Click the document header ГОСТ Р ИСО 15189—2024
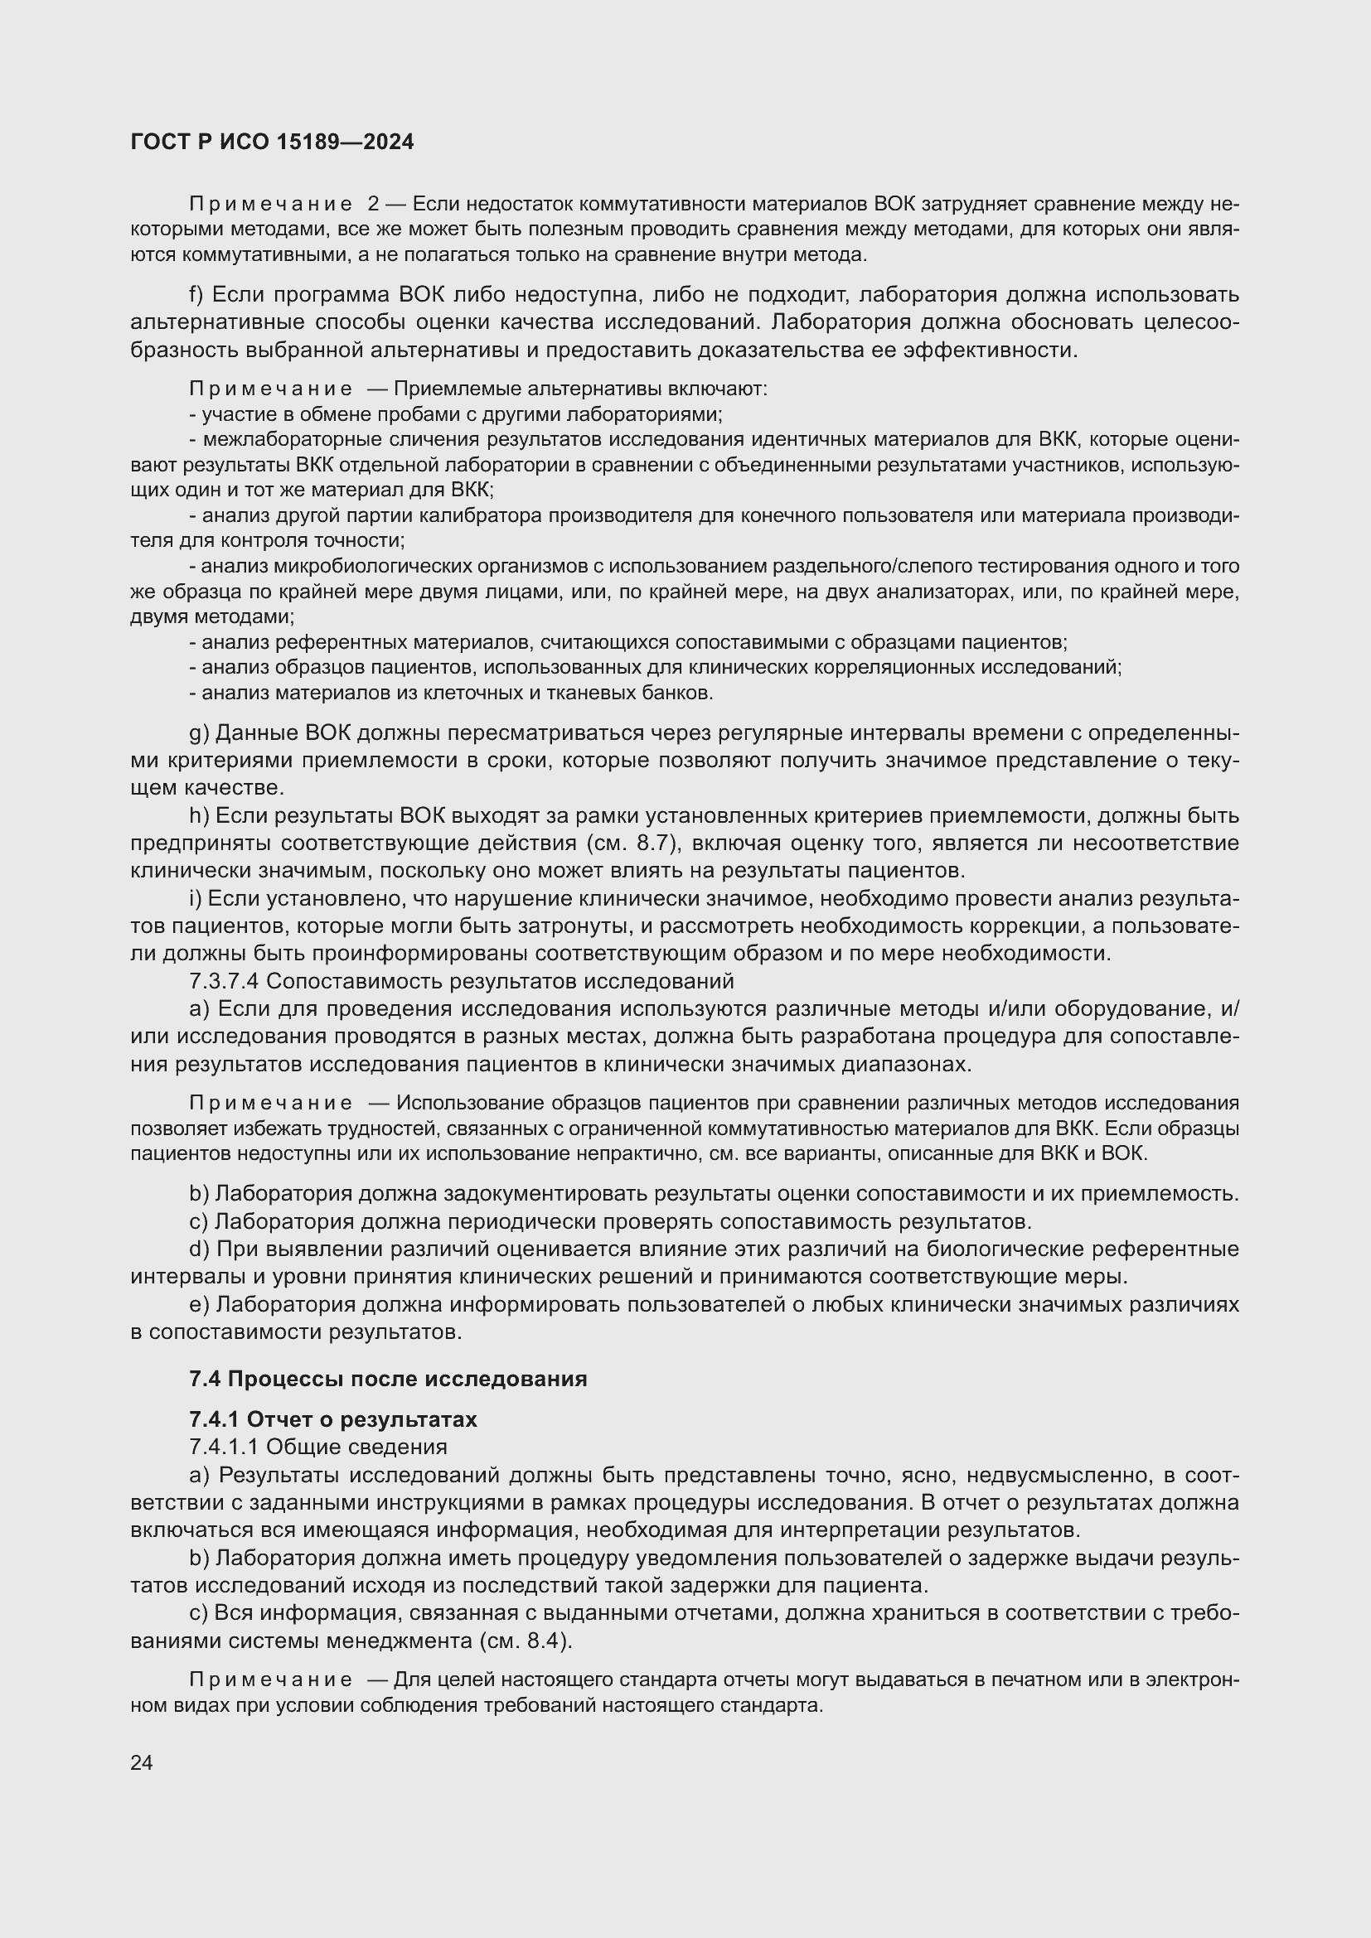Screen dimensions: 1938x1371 pyautogui.click(x=273, y=143)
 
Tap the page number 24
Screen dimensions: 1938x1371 pyautogui.click(x=142, y=1762)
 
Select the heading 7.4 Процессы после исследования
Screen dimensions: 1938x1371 pyautogui.click(x=387, y=1380)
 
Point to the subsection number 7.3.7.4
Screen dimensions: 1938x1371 pyautogui.click(x=225, y=982)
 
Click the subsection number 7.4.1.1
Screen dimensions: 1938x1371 pyautogui.click(x=225, y=1447)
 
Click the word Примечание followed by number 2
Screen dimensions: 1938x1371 pyautogui.click(x=271, y=205)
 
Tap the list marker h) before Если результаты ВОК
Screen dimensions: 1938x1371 pyautogui.click(x=198, y=815)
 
